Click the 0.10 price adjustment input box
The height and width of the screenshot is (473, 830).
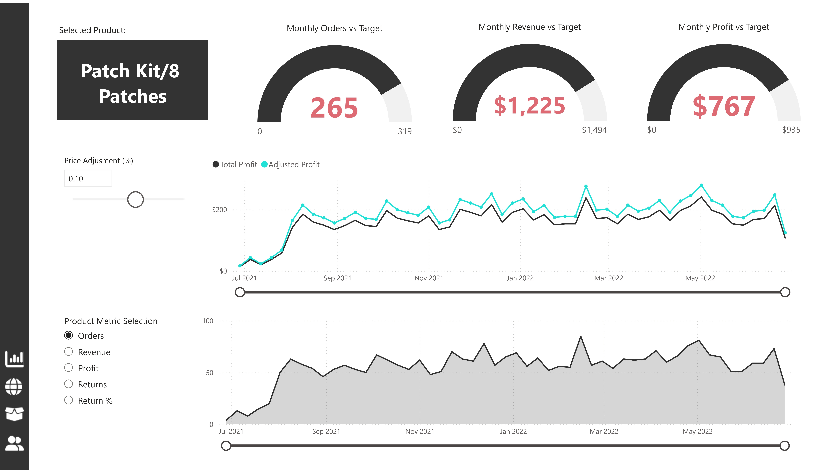click(x=88, y=178)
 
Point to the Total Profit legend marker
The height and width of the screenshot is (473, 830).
click(x=216, y=164)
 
